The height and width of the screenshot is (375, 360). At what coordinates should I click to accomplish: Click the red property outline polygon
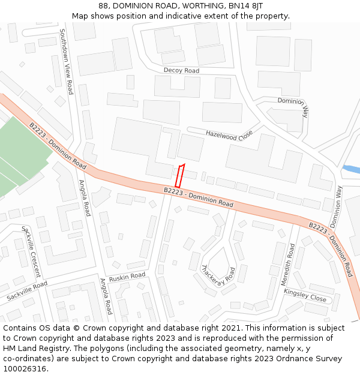click(x=179, y=175)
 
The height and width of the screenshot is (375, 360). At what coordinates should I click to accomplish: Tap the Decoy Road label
click(x=181, y=71)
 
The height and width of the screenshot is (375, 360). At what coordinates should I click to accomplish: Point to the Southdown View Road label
click(x=65, y=62)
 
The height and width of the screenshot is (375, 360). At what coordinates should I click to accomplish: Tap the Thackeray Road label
click(x=218, y=274)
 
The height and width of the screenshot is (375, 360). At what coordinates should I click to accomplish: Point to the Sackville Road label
click(x=27, y=292)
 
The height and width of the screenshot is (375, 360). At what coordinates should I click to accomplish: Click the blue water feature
click(x=351, y=169)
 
